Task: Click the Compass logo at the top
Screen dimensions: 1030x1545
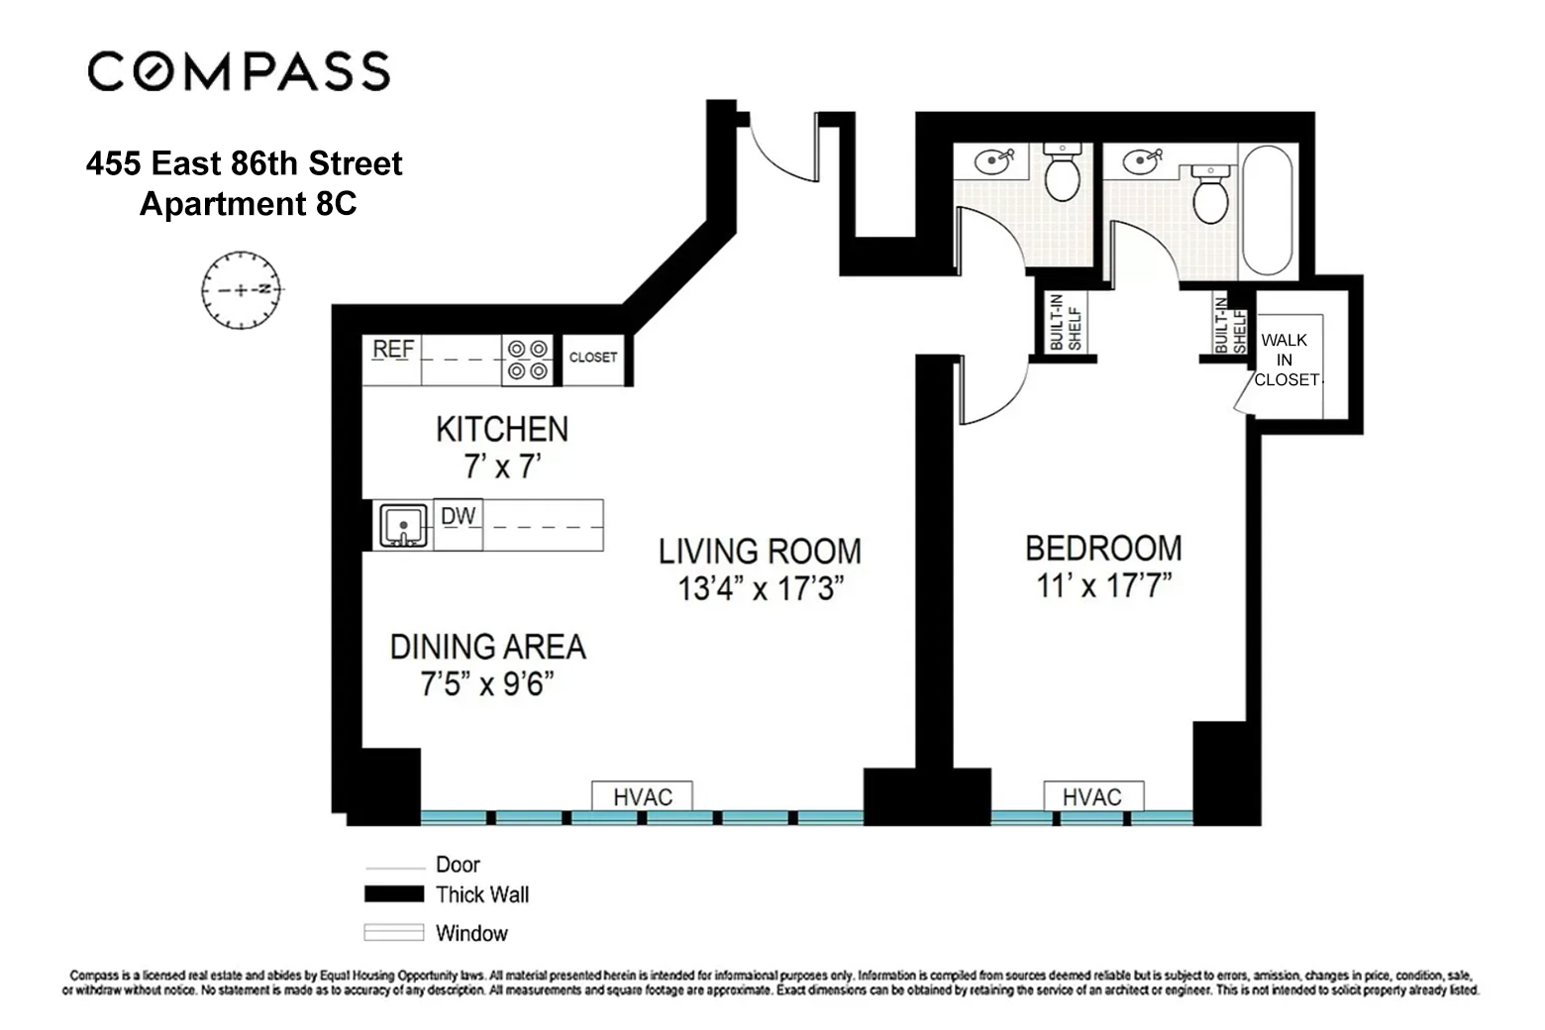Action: (x=239, y=71)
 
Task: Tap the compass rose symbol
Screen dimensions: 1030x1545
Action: (x=241, y=290)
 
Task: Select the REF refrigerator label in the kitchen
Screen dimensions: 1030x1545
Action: (x=393, y=350)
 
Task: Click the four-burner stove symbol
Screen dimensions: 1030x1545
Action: (x=528, y=360)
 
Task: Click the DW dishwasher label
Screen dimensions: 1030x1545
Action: (x=458, y=516)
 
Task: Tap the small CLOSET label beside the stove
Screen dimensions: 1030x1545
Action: (x=593, y=358)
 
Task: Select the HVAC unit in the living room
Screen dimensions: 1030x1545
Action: (x=642, y=797)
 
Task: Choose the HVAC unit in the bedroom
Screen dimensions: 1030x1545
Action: (x=1092, y=797)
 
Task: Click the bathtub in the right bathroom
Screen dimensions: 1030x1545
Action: (x=1267, y=210)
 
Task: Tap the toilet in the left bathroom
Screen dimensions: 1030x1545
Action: (x=1062, y=173)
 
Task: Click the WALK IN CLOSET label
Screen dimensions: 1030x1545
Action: (x=1286, y=360)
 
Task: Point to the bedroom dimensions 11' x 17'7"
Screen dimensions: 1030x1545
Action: (x=1103, y=586)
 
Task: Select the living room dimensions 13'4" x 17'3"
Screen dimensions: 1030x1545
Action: (x=760, y=589)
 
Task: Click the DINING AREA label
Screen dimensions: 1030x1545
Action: (x=487, y=647)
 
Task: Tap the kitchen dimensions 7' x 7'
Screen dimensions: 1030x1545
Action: (x=502, y=466)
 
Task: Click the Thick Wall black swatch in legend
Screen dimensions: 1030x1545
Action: (x=393, y=894)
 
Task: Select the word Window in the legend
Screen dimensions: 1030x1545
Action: (x=471, y=933)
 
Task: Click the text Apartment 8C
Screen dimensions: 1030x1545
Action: (x=248, y=203)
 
